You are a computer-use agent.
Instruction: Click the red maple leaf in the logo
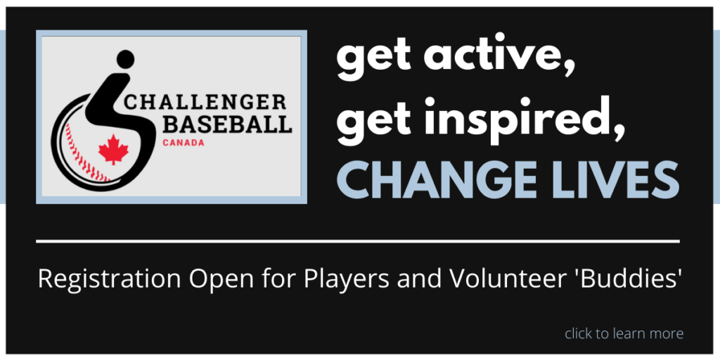coord(113,149)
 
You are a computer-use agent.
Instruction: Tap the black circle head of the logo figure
coord(125,59)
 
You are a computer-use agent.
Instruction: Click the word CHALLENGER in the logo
coord(205,102)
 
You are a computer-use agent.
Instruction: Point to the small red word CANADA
coord(184,143)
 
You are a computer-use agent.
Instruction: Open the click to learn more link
coord(624,333)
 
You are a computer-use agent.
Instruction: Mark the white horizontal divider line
coord(358,240)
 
